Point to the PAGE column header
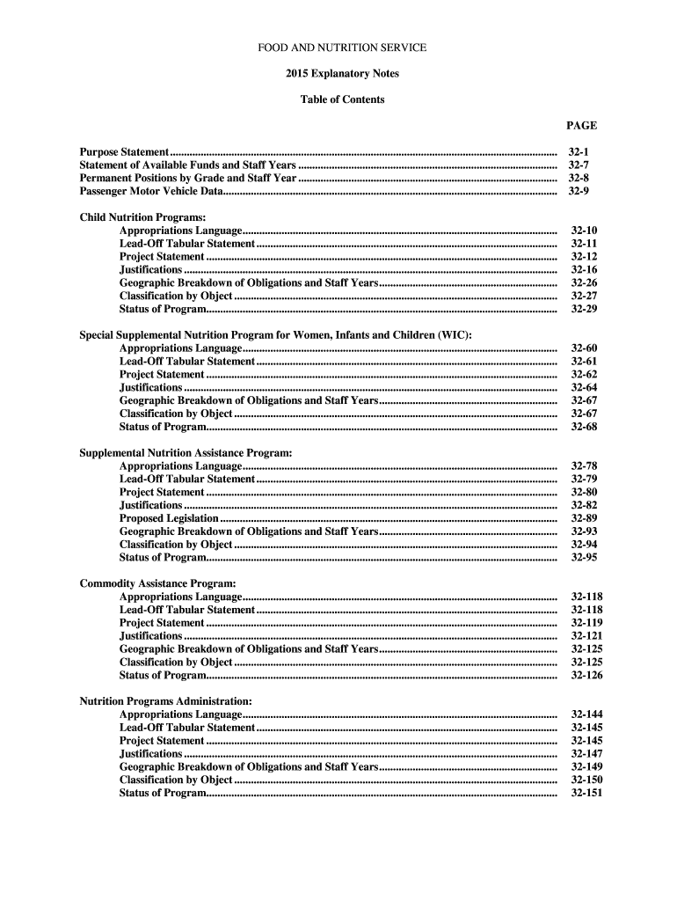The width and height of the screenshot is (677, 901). (581, 126)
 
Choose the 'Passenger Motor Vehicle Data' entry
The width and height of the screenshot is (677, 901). (151, 191)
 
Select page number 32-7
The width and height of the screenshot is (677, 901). (579, 165)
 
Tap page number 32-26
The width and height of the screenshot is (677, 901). (584, 283)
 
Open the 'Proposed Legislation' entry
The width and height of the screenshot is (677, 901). (169, 518)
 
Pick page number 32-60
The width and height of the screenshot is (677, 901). (584, 348)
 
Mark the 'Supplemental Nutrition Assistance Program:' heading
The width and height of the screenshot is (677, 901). (186, 452)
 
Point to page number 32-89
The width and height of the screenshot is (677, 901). (584, 518)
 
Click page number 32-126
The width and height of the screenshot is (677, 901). (586, 675)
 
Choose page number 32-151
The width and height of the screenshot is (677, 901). (586, 793)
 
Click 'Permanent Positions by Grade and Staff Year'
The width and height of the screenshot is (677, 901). (188, 178)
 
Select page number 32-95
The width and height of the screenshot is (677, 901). (584, 557)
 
